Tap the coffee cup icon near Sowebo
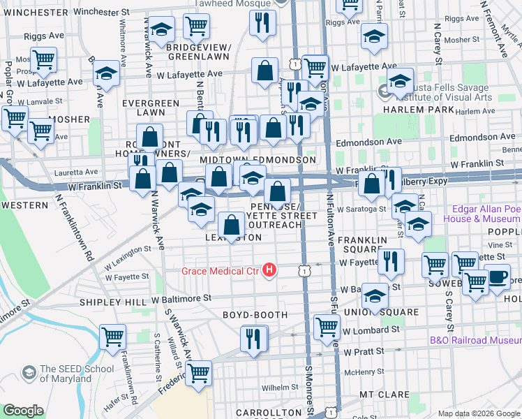pos(497,276)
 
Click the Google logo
pos(23,411)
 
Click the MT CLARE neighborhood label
pos(384,395)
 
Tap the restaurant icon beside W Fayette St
pos(391,261)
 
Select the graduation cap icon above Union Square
pos(375,296)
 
